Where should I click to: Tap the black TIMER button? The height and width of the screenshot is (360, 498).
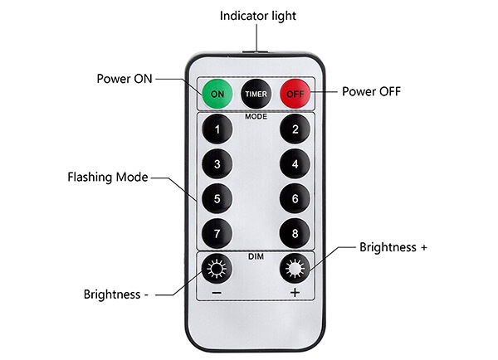(x=256, y=94)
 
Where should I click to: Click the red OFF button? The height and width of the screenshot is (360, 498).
(x=295, y=94)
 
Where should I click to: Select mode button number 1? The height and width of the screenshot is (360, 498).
(x=217, y=129)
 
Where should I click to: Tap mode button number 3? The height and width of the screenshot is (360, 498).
(x=217, y=164)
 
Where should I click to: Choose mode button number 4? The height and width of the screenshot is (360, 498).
(x=295, y=164)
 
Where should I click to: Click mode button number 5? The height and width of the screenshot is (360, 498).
(x=217, y=199)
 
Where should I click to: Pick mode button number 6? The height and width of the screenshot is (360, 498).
(x=295, y=199)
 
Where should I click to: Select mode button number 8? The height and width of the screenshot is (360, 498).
(x=295, y=234)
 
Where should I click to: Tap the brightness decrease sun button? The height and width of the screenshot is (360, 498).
(x=217, y=269)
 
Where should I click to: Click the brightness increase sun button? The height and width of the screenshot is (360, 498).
(x=295, y=269)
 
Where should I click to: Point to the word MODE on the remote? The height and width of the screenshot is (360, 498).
(x=256, y=117)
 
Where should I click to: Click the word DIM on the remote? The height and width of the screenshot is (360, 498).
(x=256, y=256)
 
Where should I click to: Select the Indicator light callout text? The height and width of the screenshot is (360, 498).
(x=258, y=16)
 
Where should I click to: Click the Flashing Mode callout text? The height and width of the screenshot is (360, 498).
(x=108, y=178)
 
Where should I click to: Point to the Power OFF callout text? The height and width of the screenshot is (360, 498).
(x=371, y=91)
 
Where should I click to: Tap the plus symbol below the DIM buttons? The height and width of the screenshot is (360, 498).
(x=295, y=292)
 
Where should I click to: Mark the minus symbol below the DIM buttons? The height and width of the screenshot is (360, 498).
(x=217, y=293)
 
